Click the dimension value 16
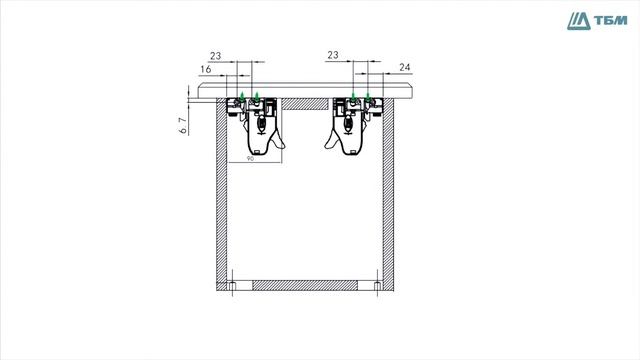(206, 69)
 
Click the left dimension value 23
(216, 56)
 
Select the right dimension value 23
(333, 55)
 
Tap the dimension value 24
(404, 67)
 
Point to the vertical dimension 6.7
(183, 125)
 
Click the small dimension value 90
(250, 158)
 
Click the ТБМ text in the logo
(610, 20)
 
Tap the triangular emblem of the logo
(579, 21)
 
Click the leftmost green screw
(242, 97)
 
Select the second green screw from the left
(256, 97)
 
